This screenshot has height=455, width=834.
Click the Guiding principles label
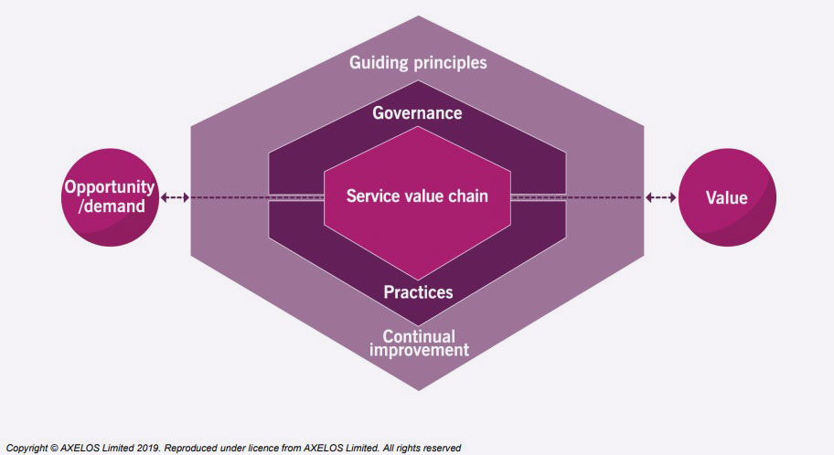(418, 63)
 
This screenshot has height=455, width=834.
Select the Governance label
(417, 113)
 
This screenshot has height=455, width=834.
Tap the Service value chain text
(417, 196)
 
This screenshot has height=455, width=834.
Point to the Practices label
(418, 292)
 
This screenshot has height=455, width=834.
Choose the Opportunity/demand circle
(104, 197)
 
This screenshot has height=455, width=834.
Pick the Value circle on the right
(727, 197)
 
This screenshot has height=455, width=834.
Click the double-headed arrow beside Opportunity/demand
(175, 197)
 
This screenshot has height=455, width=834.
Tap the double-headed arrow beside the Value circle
(660, 197)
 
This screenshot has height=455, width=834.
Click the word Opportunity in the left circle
(104, 187)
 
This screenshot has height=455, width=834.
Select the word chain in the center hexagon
(467, 196)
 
